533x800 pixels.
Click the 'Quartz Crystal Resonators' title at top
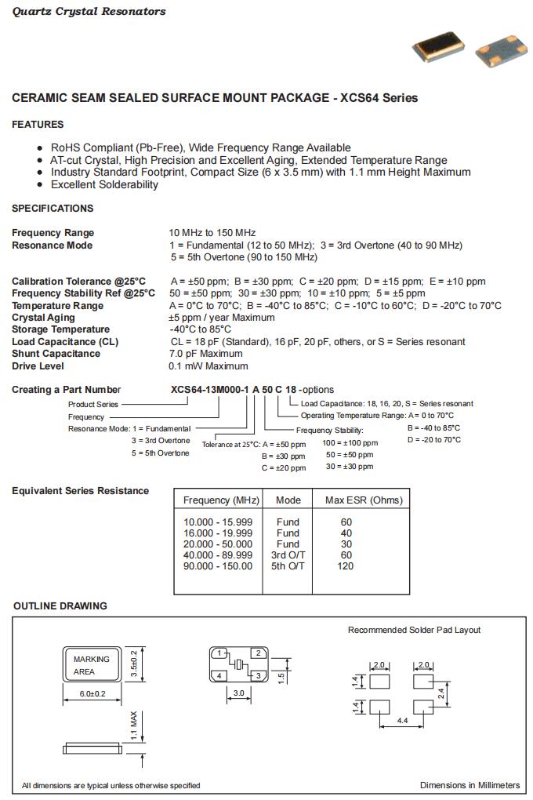tap(89, 12)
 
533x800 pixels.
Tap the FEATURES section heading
tap(38, 125)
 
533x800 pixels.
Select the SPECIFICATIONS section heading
tap(53, 209)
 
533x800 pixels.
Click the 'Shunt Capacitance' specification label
tap(56, 354)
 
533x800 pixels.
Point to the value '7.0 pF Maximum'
tap(205, 354)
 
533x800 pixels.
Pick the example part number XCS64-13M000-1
tap(209, 390)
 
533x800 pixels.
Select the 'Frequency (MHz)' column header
tap(221, 500)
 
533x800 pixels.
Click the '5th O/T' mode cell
tap(288, 566)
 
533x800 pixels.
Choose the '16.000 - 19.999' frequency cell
tap(218, 533)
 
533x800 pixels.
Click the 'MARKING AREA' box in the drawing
tap(92, 665)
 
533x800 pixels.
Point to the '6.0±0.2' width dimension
tap(92, 694)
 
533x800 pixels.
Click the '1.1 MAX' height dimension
tap(135, 725)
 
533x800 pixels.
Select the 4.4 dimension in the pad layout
tap(402, 720)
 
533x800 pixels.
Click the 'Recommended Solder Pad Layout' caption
tap(414, 630)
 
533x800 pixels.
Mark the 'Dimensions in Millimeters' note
tap(470, 785)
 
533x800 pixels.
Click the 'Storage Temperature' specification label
tap(60, 329)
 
